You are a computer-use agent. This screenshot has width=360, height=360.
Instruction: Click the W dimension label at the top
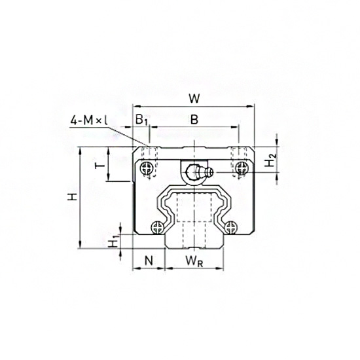click(x=193, y=99)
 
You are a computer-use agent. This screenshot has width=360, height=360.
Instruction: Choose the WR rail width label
click(x=193, y=261)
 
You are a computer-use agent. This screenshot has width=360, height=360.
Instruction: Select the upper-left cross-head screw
click(x=146, y=168)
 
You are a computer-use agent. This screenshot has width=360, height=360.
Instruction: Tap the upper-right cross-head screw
click(x=243, y=168)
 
